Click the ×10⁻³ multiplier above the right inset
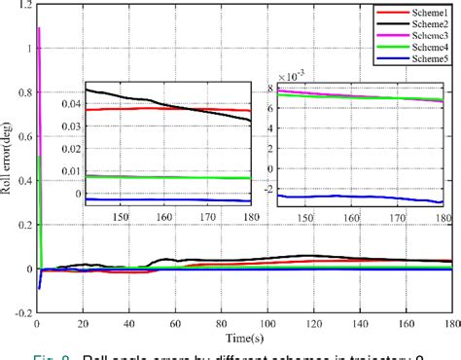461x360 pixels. (x=292, y=75)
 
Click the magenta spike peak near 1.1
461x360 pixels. (x=38, y=28)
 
